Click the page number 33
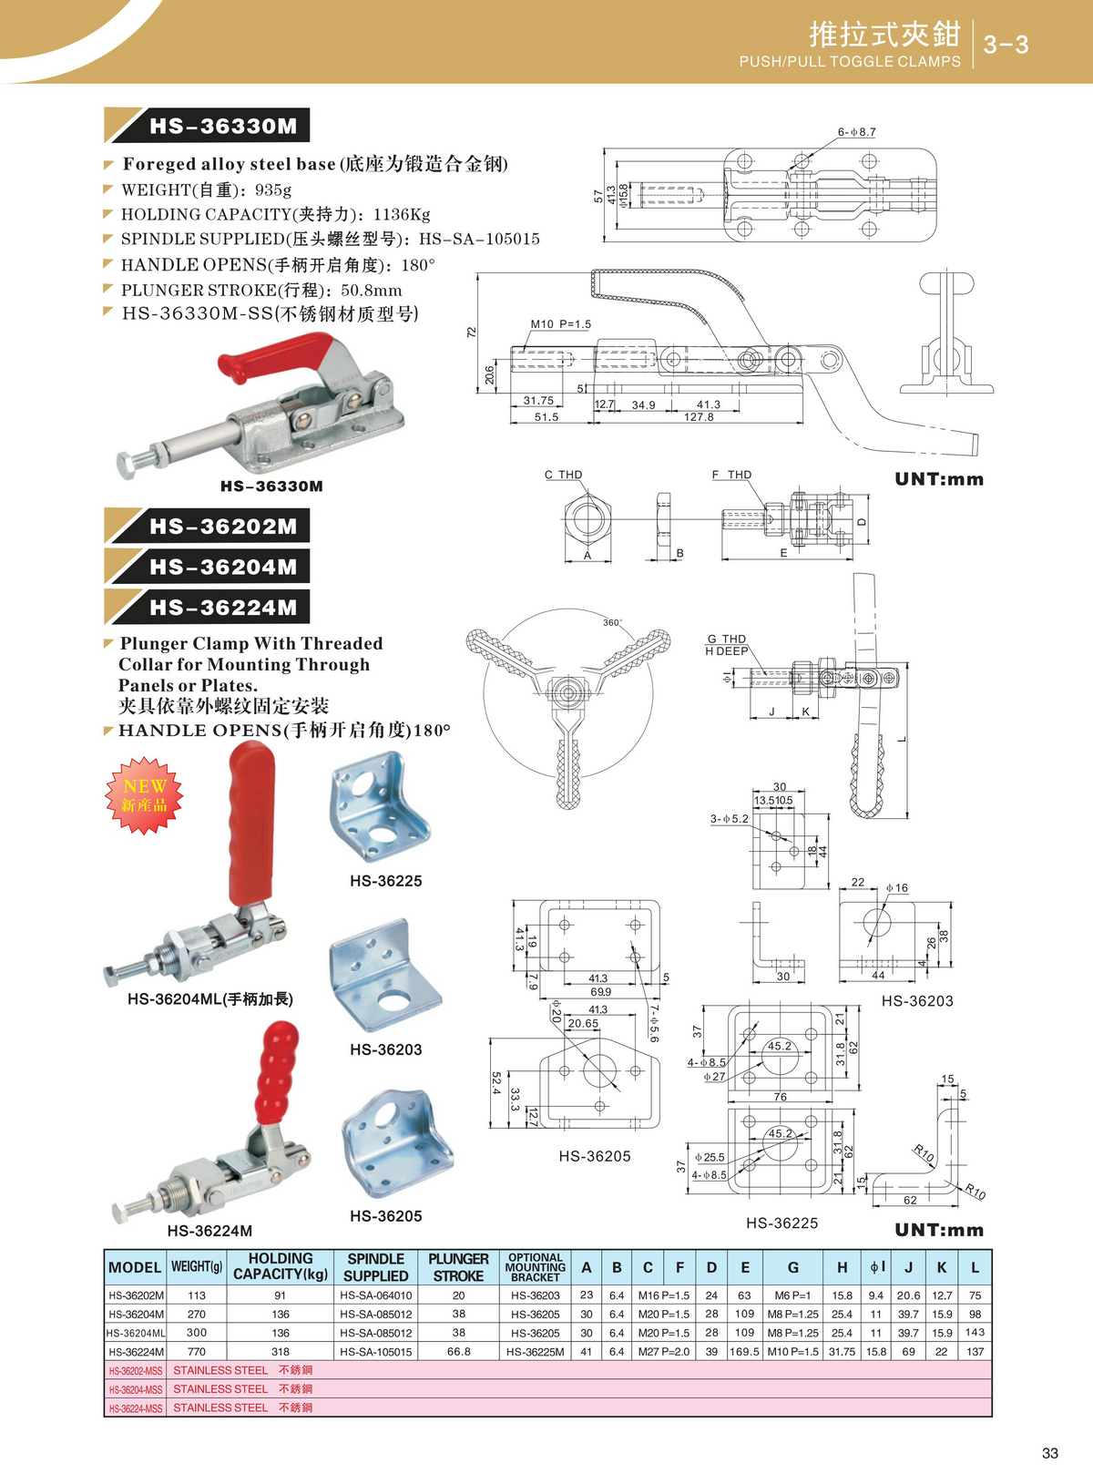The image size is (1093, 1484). click(x=1049, y=1453)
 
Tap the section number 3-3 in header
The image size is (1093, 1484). click(x=1006, y=45)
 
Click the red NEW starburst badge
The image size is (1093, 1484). click(x=145, y=795)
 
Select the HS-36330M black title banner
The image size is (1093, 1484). click(x=222, y=126)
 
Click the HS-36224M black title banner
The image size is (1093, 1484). click(x=222, y=607)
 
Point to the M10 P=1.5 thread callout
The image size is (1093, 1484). click(x=560, y=324)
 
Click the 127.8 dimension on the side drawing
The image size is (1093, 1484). click(x=699, y=417)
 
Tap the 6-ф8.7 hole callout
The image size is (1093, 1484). click(x=856, y=132)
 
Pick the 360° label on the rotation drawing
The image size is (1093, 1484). click(x=612, y=623)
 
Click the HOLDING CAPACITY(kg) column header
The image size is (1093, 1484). click(x=281, y=1266)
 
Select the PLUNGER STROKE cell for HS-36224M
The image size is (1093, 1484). click(x=458, y=1352)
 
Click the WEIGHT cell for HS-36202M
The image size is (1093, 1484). click(x=197, y=1295)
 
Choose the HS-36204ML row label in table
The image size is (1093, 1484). click(x=135, y=1333)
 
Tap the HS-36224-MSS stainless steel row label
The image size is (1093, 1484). click(x=135, y=1408)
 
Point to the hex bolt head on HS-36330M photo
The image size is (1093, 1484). click(x=128, y=465)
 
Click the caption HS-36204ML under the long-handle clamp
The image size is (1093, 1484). click(x=209, y=999)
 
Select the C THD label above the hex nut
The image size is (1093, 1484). click(x=563, y=475)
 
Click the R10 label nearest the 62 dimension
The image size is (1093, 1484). click(x=975, y=1192)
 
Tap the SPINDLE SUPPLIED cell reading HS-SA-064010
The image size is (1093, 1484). click(x=375, y=1295)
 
